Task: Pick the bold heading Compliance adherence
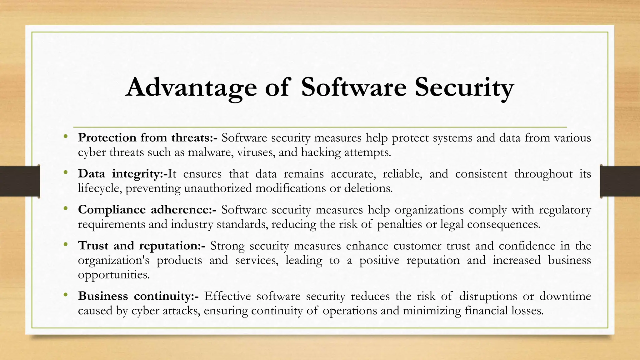click(x=147, y=209)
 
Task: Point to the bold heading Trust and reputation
click(x=142, y=246)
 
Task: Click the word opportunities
click(x=114, y=275)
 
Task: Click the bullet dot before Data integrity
click(x=65, y=172)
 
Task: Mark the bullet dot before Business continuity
click(x=65, y=295)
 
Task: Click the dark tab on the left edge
click(x=20, y=181)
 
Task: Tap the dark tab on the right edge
click(x=620, y=181)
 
